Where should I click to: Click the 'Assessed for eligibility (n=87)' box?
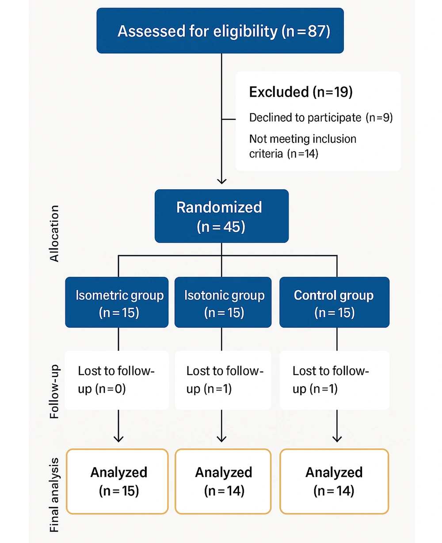click(220, 31)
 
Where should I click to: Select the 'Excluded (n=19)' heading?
click(301, 92)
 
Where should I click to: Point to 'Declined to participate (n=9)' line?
click(321, 118)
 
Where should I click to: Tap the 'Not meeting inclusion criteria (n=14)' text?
click(303, 146)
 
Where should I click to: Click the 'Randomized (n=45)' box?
click(221, 216)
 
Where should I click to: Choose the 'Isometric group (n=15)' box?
click(117, 302)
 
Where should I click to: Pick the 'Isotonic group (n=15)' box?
click(223, 302)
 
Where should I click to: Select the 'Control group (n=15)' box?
click(335, 302)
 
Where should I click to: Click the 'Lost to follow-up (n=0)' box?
click(117, 380)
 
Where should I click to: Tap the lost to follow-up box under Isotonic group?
click(223, 380)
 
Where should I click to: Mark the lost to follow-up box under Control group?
click(335, 380)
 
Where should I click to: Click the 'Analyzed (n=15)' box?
click(117, 481)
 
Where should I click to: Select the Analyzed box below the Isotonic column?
click(223, 481)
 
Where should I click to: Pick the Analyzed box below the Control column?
click(334, 481)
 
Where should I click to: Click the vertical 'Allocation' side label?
click(54, 233)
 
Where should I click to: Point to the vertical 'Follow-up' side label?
click(54, 392)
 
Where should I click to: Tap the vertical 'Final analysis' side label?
click(54, 495)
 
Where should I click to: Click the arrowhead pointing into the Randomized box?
click(221, 181)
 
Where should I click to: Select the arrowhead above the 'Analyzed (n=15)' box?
click(118, 439)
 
